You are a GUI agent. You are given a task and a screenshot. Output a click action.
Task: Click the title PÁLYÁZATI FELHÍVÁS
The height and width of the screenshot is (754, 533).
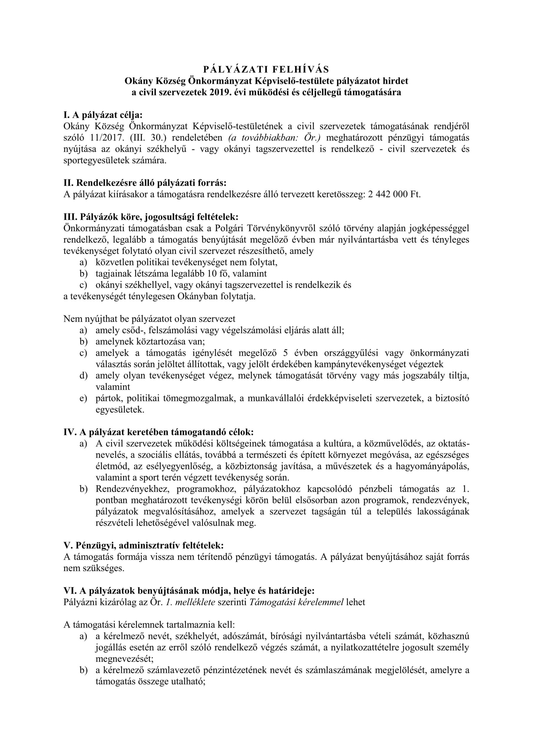266,69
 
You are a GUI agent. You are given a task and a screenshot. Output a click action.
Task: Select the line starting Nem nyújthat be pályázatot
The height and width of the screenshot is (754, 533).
149,319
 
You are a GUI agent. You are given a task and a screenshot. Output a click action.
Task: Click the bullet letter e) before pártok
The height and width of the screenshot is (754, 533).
83,398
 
